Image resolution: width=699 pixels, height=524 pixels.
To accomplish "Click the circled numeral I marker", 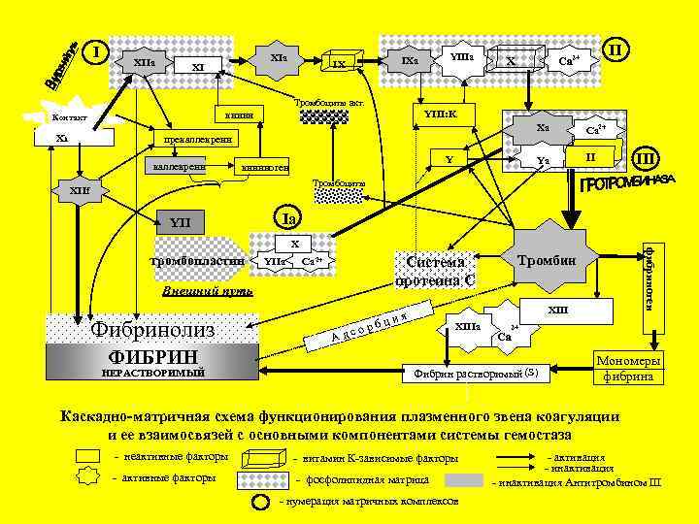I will pos(94,50).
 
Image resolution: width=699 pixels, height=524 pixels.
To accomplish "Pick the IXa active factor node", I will pos(409,61).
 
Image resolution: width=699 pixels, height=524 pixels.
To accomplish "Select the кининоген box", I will pos(263,166).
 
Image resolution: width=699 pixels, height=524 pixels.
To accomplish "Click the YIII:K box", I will pos(440,115).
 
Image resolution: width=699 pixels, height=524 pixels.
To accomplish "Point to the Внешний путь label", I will pos(194,290).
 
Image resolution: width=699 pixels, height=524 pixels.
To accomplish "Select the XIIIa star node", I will pos(467,327).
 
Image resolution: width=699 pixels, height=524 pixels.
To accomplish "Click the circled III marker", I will pos(646,157).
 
